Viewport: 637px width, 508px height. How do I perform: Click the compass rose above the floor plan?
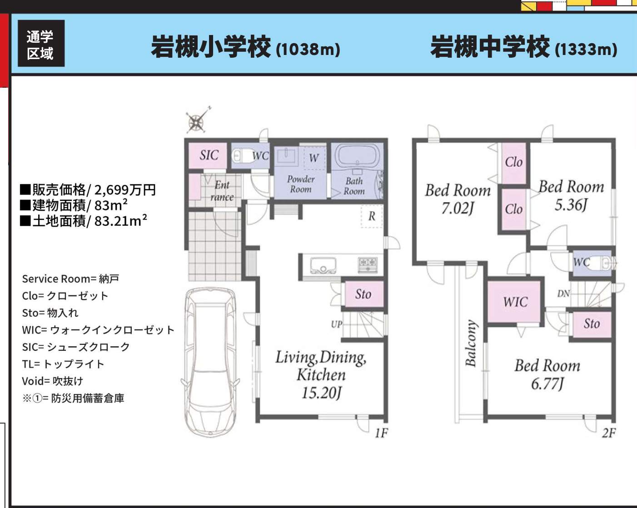[197, 121]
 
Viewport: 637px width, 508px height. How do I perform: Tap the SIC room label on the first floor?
[209, 155]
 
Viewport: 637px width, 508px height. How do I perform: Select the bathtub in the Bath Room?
[357, 157]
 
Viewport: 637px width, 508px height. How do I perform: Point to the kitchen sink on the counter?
[323, 264]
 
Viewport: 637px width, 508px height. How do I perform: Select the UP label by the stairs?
[337, 324]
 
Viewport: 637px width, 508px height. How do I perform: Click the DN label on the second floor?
[563, 294]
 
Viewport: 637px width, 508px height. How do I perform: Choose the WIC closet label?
[515, 302]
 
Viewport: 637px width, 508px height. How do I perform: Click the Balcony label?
[471, 343]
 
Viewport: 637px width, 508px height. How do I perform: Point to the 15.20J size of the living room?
[321, 393]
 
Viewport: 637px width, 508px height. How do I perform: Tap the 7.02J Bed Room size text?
[458, 209]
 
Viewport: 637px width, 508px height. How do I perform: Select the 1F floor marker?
[381, 433]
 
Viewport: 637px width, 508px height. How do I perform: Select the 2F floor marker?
[609, 433]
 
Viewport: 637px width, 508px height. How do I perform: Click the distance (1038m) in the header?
[308, 49]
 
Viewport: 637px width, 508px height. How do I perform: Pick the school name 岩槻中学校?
[490, 47]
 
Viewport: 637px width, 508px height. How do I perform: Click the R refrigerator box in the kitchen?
[372, 216]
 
